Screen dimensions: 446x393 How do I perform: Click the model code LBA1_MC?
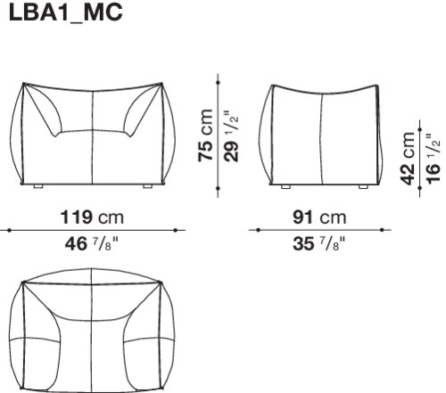pyautogui.click(x=66, y=12)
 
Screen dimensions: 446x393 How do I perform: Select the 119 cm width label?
pyautogui.click(x=92, y=217)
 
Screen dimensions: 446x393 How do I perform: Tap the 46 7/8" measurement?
pyautogui.click(x=92, y=244)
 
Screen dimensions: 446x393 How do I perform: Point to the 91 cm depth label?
pyautogui.click(x=319, y=217)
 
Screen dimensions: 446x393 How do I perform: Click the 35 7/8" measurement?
pyautogui.click(x=319, y=244)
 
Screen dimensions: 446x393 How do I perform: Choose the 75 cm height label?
pyautogui.click(x=205, y=135)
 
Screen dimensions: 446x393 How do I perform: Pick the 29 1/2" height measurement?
pyautogui.click(x=231, y=136)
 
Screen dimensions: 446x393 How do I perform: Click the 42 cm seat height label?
pyautogui.click(x=408, y=158)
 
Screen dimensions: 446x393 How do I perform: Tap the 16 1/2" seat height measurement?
pyautogui.click(x=433, y=159)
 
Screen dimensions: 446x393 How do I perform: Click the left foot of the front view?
pyautogui.click(x=38, y=186)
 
